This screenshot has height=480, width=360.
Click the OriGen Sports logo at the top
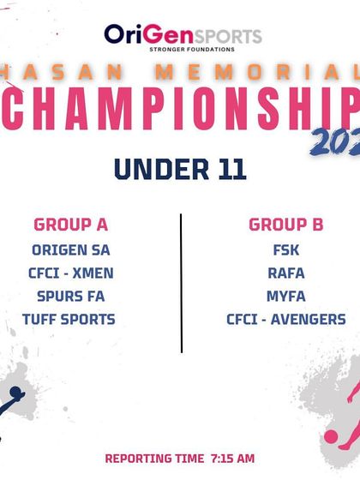pos(183,35)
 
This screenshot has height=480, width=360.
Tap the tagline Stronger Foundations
pos(183,50)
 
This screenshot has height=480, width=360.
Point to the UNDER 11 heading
pos(180,169)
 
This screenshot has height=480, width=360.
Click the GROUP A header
pos(70,225)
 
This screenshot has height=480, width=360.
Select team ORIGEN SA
pos(70,251)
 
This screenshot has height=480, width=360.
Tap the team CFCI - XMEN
pos(70,274)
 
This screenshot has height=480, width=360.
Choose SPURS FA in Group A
pos(70,297)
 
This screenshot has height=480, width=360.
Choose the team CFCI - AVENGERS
pos(285,320)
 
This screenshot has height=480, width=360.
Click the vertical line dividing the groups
pos(181,283)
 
